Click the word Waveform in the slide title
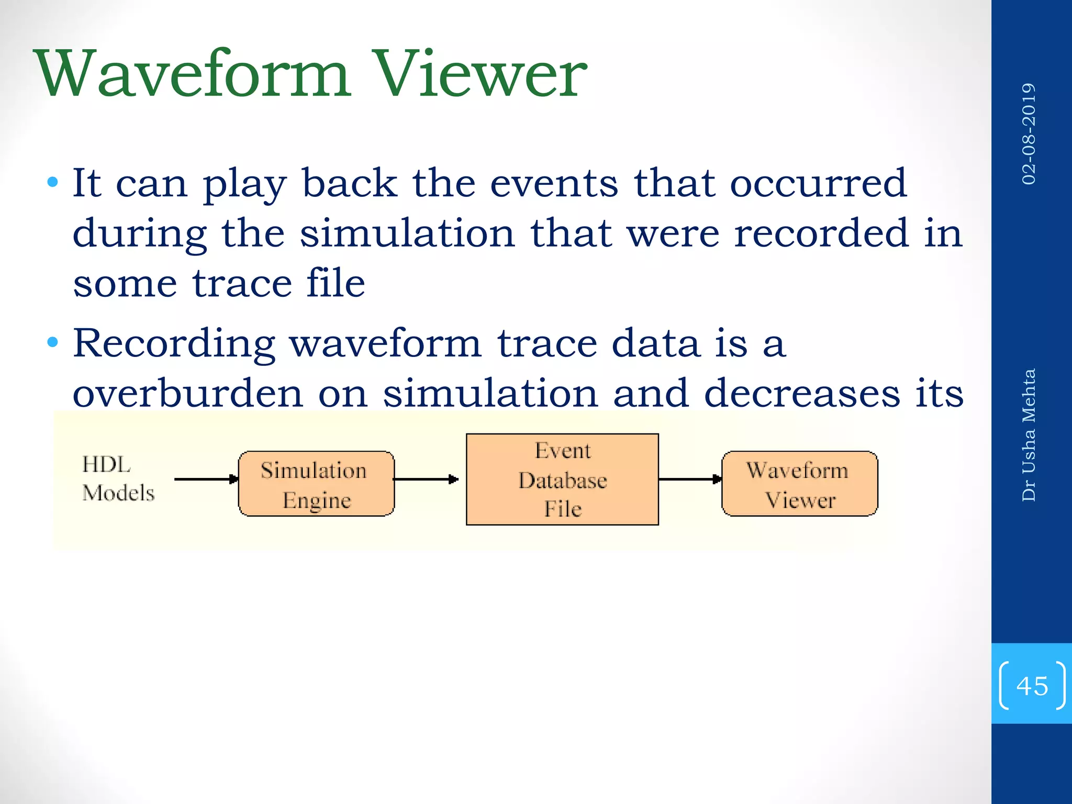[x=192, y=74]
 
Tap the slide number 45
[x=1032, y=686]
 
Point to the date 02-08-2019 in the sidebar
[x=1029, y=133]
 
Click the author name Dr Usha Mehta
[x=1029, y=434]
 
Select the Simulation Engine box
[x=316, y=484]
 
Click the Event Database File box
[x=562, y=479]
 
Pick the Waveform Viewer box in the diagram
[x=799, y=484]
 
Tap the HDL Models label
[x=118, y=478]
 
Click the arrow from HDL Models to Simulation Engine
[x=205, y=479]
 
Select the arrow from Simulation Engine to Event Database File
[x=425, y=479]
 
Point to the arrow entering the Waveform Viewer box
[x=690, y=479]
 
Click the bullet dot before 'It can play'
[x=52, y=183]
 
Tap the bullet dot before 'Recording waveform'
[x=52, y=343]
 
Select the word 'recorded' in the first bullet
[x=821, y=233]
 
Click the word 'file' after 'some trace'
[x=335, y=283]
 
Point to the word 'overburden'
[x=187, y=394]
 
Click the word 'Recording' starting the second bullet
[x=174, y=344]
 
